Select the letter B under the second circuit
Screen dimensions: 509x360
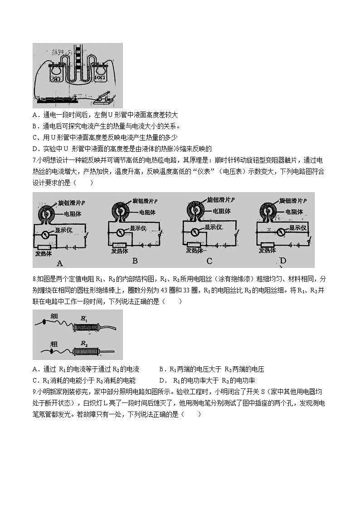135,261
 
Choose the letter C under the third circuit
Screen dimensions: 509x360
209,261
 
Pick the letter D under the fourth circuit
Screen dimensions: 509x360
283,261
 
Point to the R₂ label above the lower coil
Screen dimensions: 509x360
84,344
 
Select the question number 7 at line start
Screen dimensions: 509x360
34,160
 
